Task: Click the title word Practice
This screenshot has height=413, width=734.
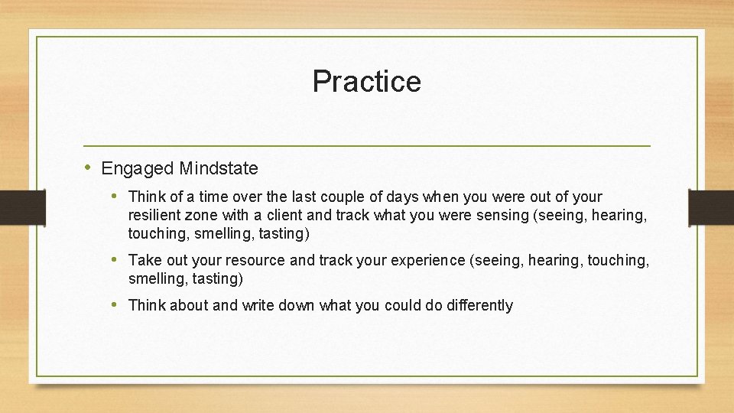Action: (366, 81)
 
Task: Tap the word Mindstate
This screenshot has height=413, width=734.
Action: (218, 168)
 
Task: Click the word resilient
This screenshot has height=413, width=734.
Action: (154, 215)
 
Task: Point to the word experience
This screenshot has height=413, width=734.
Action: (429, 260)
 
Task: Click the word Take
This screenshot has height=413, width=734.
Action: (144, 260)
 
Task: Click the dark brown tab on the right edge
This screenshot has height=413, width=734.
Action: (711, 206)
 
